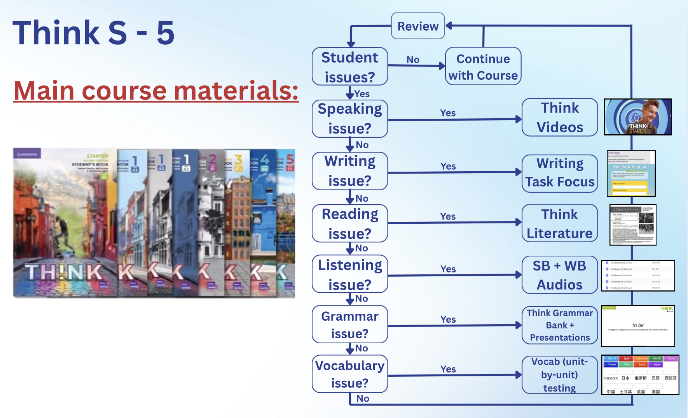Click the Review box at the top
pyautogui.click(x=417, y=26)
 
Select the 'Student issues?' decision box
pyautogui.click(x=350, y=67)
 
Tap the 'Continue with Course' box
pyautogui.click(x=483, y=67)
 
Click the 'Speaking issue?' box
pyautogui.click(x=350, y=118)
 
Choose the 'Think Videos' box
pyautogui.click(x=559, y=117)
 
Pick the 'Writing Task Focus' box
pyautogui.click(x=559, y=173)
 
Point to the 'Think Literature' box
pyautogui.click(x=559, y=223)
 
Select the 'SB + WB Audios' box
pyautogui.click(x=559, y=275)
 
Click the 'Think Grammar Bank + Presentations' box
pyautogui.click(x=559, y=325)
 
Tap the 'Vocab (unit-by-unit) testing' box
pyautogui.click(x=559, y=374)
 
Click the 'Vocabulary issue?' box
pyautogui.click(x=350, y=374)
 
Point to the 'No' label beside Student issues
pyautogui.click(x=413, y=60)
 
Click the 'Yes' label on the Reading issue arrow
pyautogui.click(x=448, y=216)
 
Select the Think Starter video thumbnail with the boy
pyautogui.click(x=637, y=117)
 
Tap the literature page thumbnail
pyautogui.click(x=633, y=225)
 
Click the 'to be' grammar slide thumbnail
pyautogui.click(x=637, y=326)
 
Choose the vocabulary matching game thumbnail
pyautogui.click(x=640, y=374)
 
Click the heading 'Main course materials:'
pyautogui.click(x=156, y=90)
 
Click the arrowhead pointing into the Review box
pyautogui.click(x=449, y=26)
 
